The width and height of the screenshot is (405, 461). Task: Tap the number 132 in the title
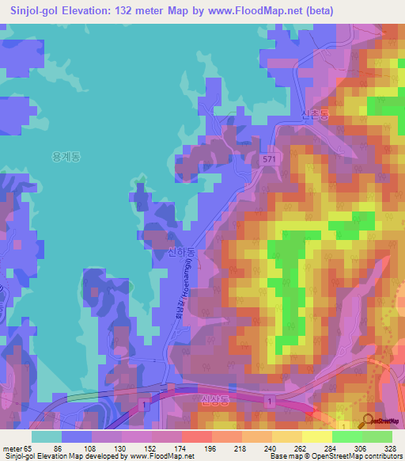coord(139,11)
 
